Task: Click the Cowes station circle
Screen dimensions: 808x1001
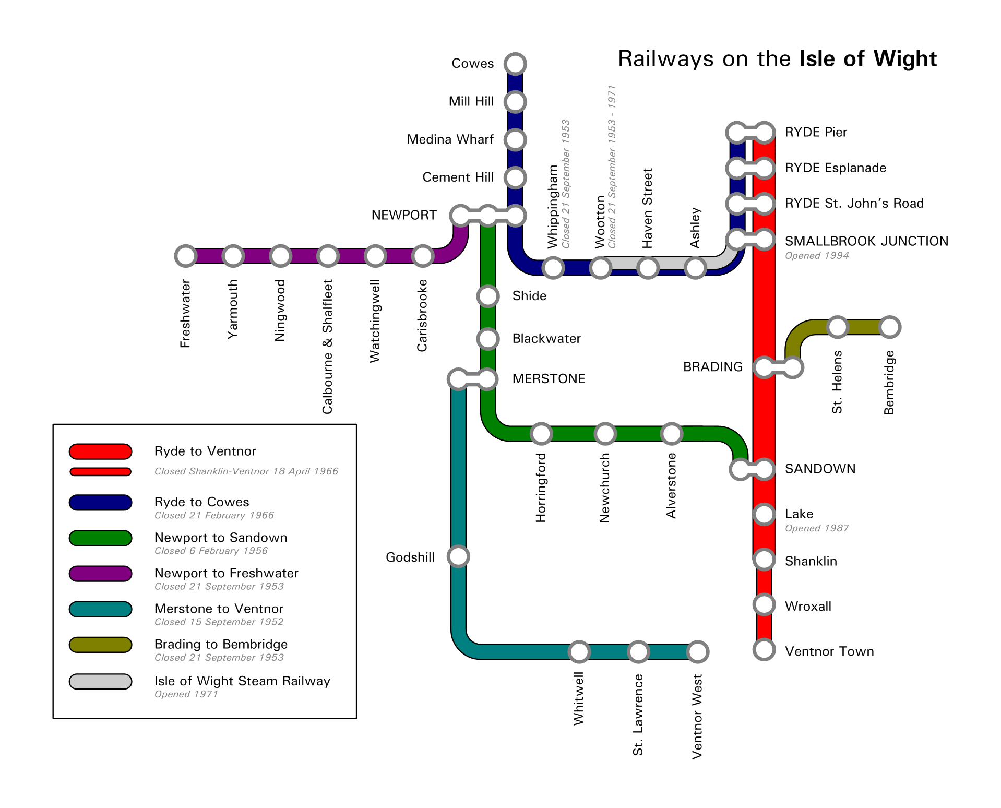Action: pyautogui.click(x=515, y=64)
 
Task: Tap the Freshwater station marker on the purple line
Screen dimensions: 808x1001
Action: pyautogui.click(x=185, y=256)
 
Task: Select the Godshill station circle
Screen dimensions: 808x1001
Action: pyautogui.click(x=458, y=556)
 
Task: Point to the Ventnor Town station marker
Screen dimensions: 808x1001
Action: pyautogui.click(x=764, y=650)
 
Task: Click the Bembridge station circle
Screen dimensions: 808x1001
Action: pyautogui.click(x=889, y=327)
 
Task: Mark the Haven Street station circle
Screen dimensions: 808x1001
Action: pyautogui.click(x=648, y=268)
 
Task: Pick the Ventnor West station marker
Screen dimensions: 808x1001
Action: pyautogui.click(x=698, y=651)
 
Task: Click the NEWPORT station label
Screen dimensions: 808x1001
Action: pyautogui.click(x=403, y=215)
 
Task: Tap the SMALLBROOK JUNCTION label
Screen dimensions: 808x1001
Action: pyautogui.click(x=866, y=241)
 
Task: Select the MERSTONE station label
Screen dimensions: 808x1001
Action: pyautogui.click(x=549, y=378)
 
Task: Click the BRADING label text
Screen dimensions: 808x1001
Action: pyautogui.click(x=712, y=367)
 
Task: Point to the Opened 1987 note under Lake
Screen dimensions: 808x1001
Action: pyautogui.click(x=817, y=528)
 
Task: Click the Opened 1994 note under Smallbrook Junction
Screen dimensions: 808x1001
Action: pyautogui.click(x=817, y=256)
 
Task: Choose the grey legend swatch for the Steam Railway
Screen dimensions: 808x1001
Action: pyautogui.click(x=100, y=681)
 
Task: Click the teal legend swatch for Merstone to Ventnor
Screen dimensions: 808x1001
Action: pyautogui.click(x=100, y=609)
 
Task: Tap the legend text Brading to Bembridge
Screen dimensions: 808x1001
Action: pyautogui.click(x=221, y=644)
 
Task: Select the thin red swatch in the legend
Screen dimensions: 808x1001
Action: pyautogui.click(x=100, y=472)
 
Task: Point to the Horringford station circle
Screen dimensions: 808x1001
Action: pyautogui.click(x=541, y=433)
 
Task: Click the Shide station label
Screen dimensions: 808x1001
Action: pyautogui.click(x=529, y=296)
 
